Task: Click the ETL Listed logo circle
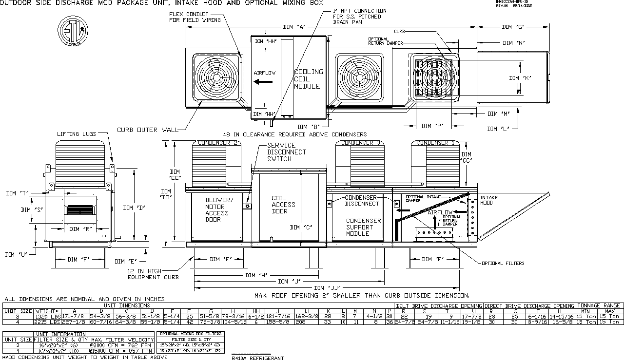pyautogui.click(x=73, y=30)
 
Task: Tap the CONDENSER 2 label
pyautogui.click(x=217, y=143)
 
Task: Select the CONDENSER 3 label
pyautogui.click(x=360, y=143)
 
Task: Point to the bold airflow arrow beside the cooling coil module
pyautogui.click(x=263, y=82)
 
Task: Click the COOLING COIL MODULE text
pyautogui.click(x=308, y=79)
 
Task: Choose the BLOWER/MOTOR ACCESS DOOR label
pyautogui.click(x=217, y=210)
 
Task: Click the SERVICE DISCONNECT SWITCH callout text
pyautogui.click(x=287, y=152)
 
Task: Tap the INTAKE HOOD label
pyautogui.click(x=489, y=200)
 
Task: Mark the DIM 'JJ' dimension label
pyautogui.click(x=327, y=288)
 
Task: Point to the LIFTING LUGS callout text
pyautogui.click(x=77, y=134)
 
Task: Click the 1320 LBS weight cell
pyautogui.click(x=47, y=317)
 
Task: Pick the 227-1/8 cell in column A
pyautogui.click(x=75, y=322)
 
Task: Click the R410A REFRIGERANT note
pyautogui.click(x=257, y=358)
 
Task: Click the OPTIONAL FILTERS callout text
pyautogui.click(x=503, y=263)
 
